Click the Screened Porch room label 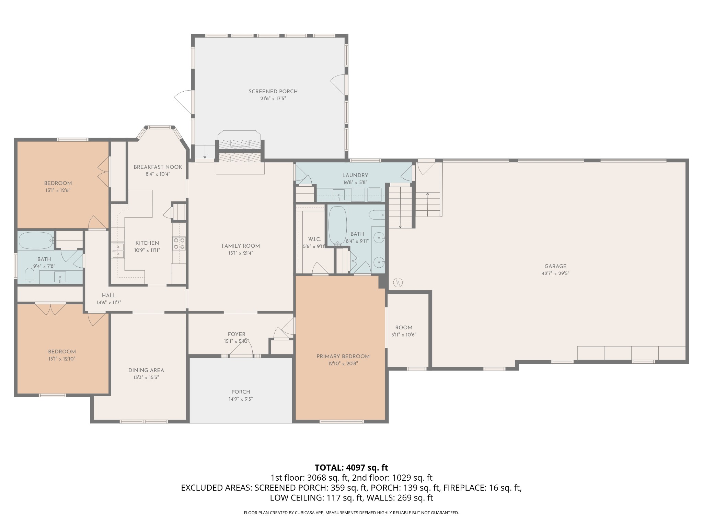pos(273,92)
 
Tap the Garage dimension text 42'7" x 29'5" pos(555,273)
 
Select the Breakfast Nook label pos(158,167)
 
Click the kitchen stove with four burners pos(179,243)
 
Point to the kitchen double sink pos(118,250)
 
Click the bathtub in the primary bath pos(338,225)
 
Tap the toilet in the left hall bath pos(30,276)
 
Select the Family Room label pos(241,246)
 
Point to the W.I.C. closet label pos(314,239)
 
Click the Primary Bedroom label pos(343,356)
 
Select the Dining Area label pos(146,371)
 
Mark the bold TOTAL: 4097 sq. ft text pos(351,468)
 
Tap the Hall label pos(109,295)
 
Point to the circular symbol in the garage pos(398,283)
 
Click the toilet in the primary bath pos(377,215)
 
